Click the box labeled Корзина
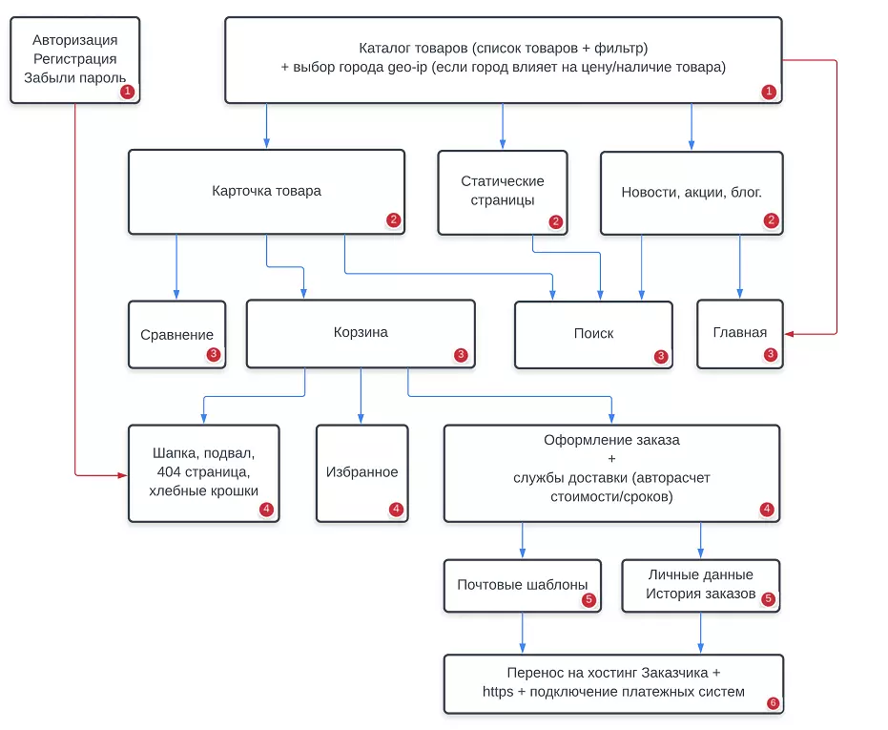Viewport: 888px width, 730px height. tap(361, 334)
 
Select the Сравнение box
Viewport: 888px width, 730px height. tap(176, 334)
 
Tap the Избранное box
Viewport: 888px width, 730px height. tap(361, 473)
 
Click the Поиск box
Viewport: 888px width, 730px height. tap(593, 334)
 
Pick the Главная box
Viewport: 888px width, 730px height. tap(739, 334)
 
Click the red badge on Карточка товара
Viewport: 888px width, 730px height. tap(393, 219)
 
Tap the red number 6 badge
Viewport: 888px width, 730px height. tap(773, 702)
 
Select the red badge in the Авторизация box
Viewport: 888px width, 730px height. tap(128, 91)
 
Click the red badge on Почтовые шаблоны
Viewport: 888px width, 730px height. tap(589, 599)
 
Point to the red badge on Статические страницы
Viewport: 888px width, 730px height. tap(555, 221)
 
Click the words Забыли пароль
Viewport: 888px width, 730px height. tap(74, 77)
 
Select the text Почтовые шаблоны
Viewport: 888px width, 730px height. tap(522, 584)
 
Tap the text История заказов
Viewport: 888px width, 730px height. tap(700, 594)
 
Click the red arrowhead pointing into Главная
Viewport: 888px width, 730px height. tap(789, 334)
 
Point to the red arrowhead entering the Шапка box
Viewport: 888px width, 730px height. tap(122, 475)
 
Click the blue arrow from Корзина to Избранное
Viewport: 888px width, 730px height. tap(361, 396)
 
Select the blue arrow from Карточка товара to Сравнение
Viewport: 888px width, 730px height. tap(176, 267)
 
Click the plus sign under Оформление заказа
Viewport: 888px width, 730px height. tap(611, 459)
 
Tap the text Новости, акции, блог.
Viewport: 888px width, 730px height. tap(692, 193)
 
